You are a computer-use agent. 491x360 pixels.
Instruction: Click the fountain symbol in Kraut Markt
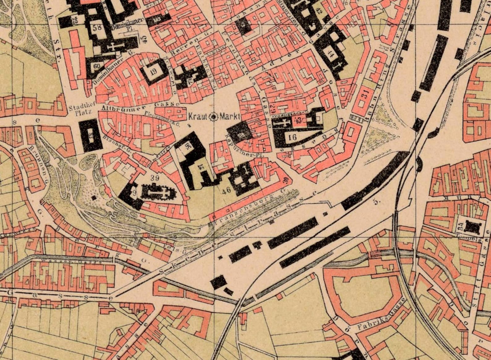pyautogui.click(x=214, y=116)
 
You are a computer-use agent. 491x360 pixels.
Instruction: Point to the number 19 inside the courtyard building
pyautogui.click(x=153, y=72)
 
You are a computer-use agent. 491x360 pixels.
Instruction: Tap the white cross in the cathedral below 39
pyautogui.click(x=158, y=193)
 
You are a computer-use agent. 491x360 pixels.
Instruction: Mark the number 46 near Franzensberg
pyautogui.click(x=226, y=191)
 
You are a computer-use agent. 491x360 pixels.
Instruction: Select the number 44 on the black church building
pyautogui.click(x=332, y=55)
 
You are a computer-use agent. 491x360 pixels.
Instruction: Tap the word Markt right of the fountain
pyautogui.click(x=230, y=117)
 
